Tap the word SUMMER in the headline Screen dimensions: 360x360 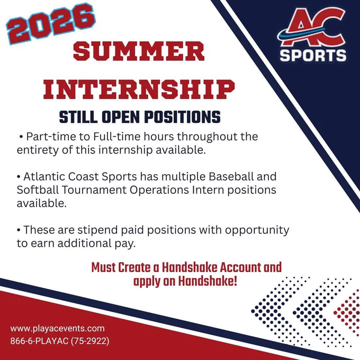[x=139, y=51]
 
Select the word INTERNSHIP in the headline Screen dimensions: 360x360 [x=139, y=89]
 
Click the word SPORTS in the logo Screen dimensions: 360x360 [x=313, y=56]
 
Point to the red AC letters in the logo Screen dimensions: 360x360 [x=312, y=27]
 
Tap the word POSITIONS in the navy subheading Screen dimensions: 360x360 [x=182, y=117]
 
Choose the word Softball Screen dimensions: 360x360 [x=38, y=190]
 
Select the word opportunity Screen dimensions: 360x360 [x=257, y=230]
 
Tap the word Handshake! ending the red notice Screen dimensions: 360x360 [x=208, y=281]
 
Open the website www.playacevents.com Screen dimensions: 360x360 [x=57, y=329]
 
